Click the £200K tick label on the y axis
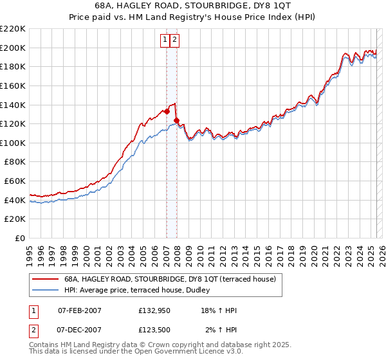[x=13, y=48]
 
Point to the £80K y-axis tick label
[x=15, y=162]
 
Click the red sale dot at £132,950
[x=167, y=111]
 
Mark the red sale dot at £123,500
[x=176, y=120]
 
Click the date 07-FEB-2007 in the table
[x=80, y=310]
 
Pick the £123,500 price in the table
[x=155, y=330]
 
